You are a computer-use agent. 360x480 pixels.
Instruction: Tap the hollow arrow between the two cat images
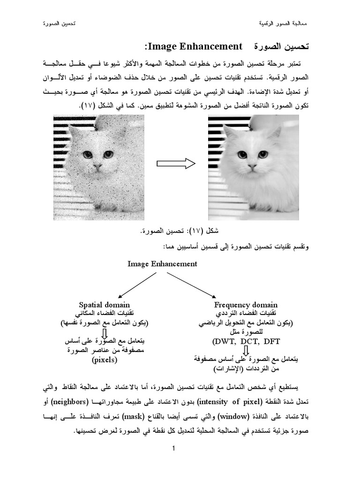pos(176,164)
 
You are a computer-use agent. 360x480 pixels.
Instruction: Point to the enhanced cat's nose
pos(252,166)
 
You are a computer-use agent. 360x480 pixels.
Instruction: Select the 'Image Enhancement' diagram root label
pos(162,264)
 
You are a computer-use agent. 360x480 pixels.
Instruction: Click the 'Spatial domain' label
pos(104,305)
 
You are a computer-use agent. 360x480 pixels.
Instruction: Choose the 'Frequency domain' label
pos(246,305)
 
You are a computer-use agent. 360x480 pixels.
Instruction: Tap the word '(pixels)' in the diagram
pos(104,360)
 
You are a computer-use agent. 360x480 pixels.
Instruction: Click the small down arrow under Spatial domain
pos(105,332)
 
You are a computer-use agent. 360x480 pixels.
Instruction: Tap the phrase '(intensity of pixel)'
pos(224,402)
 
